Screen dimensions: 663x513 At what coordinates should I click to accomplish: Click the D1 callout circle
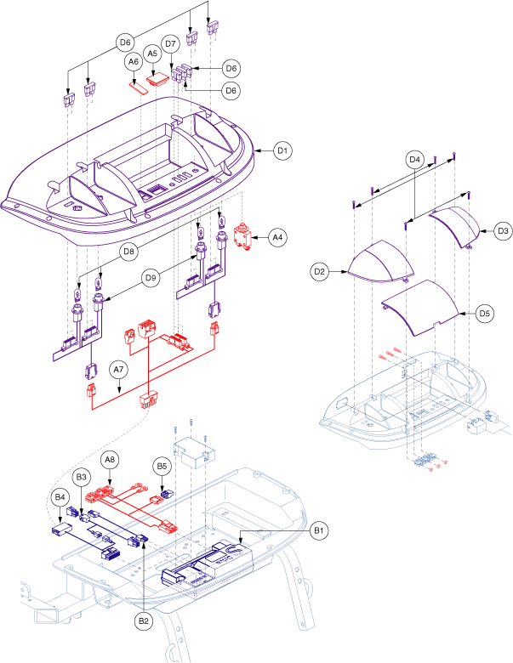click(x=282, y=151)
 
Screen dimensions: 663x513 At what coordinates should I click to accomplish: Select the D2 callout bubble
click(x=320, y=272)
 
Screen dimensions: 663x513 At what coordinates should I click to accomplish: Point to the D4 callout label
click(x=415, y=159)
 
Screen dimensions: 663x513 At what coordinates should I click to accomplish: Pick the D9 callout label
click(x=150, y=276)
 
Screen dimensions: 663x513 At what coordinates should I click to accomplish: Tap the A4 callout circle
click(x=278, y=237)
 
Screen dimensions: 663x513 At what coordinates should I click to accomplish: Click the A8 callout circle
click(x=110, y=460)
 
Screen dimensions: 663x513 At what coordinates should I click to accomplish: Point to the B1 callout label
click(x=319, y=531)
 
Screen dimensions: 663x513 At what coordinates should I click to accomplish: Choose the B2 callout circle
click(x=143, y=621)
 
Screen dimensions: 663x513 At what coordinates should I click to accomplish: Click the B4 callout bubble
click(x=60, y=496)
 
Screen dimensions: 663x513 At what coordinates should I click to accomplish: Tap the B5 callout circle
click(x=162, y=466)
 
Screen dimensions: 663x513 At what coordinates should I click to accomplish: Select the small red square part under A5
click(x=157, y=80)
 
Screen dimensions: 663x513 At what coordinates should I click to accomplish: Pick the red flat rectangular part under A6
click(x=138, y=85)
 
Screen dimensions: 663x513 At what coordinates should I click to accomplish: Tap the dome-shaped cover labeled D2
click(x=379, y=263)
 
